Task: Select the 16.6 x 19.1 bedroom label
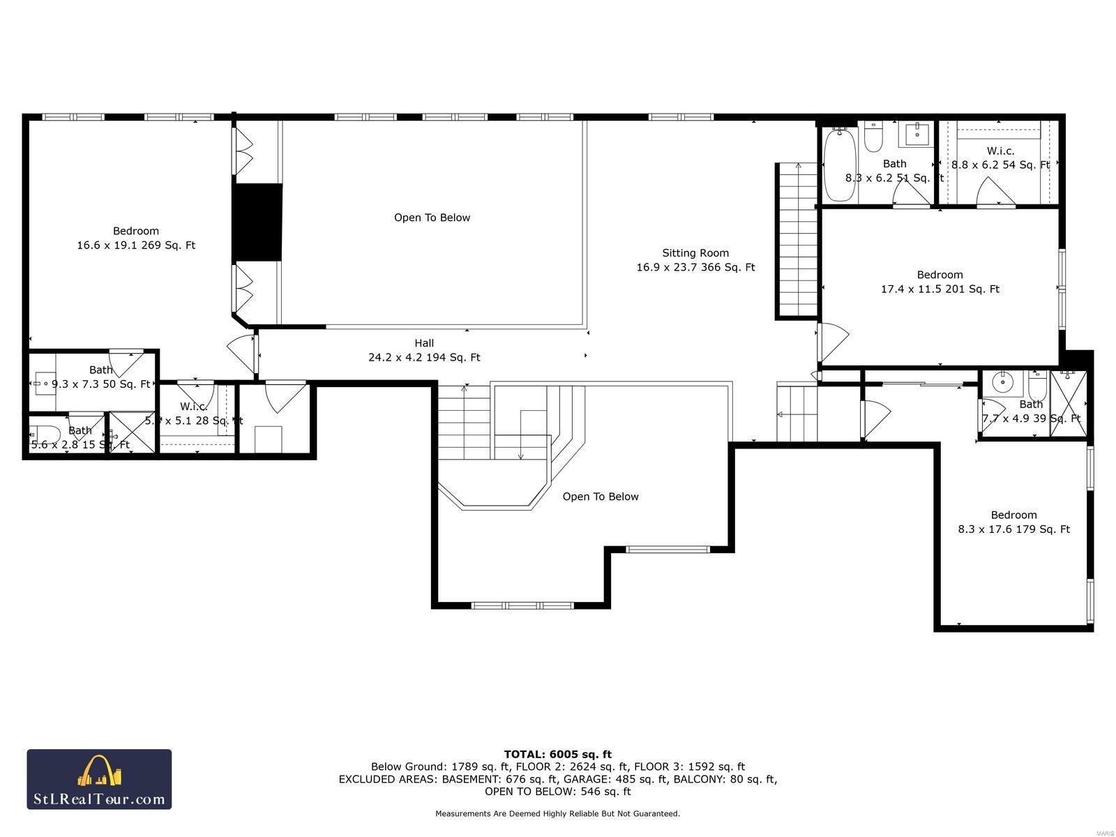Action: point(136,238)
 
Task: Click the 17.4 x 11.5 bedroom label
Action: point(940,282)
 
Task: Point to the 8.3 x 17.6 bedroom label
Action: point(1013,522)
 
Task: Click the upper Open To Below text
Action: point(432,218)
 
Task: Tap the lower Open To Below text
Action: point(601,497)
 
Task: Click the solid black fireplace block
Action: point(257,223)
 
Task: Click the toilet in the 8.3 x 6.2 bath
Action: point(873,137)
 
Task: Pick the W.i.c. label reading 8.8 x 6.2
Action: point(1000,158)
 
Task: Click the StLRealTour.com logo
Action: point(99,779)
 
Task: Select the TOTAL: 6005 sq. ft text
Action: point(557,754)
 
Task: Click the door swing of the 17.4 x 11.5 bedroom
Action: point(833,342)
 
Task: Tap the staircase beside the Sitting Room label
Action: point(797,241)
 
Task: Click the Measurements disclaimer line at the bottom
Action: point(557,813)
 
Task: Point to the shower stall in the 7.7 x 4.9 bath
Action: point(1069,403)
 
